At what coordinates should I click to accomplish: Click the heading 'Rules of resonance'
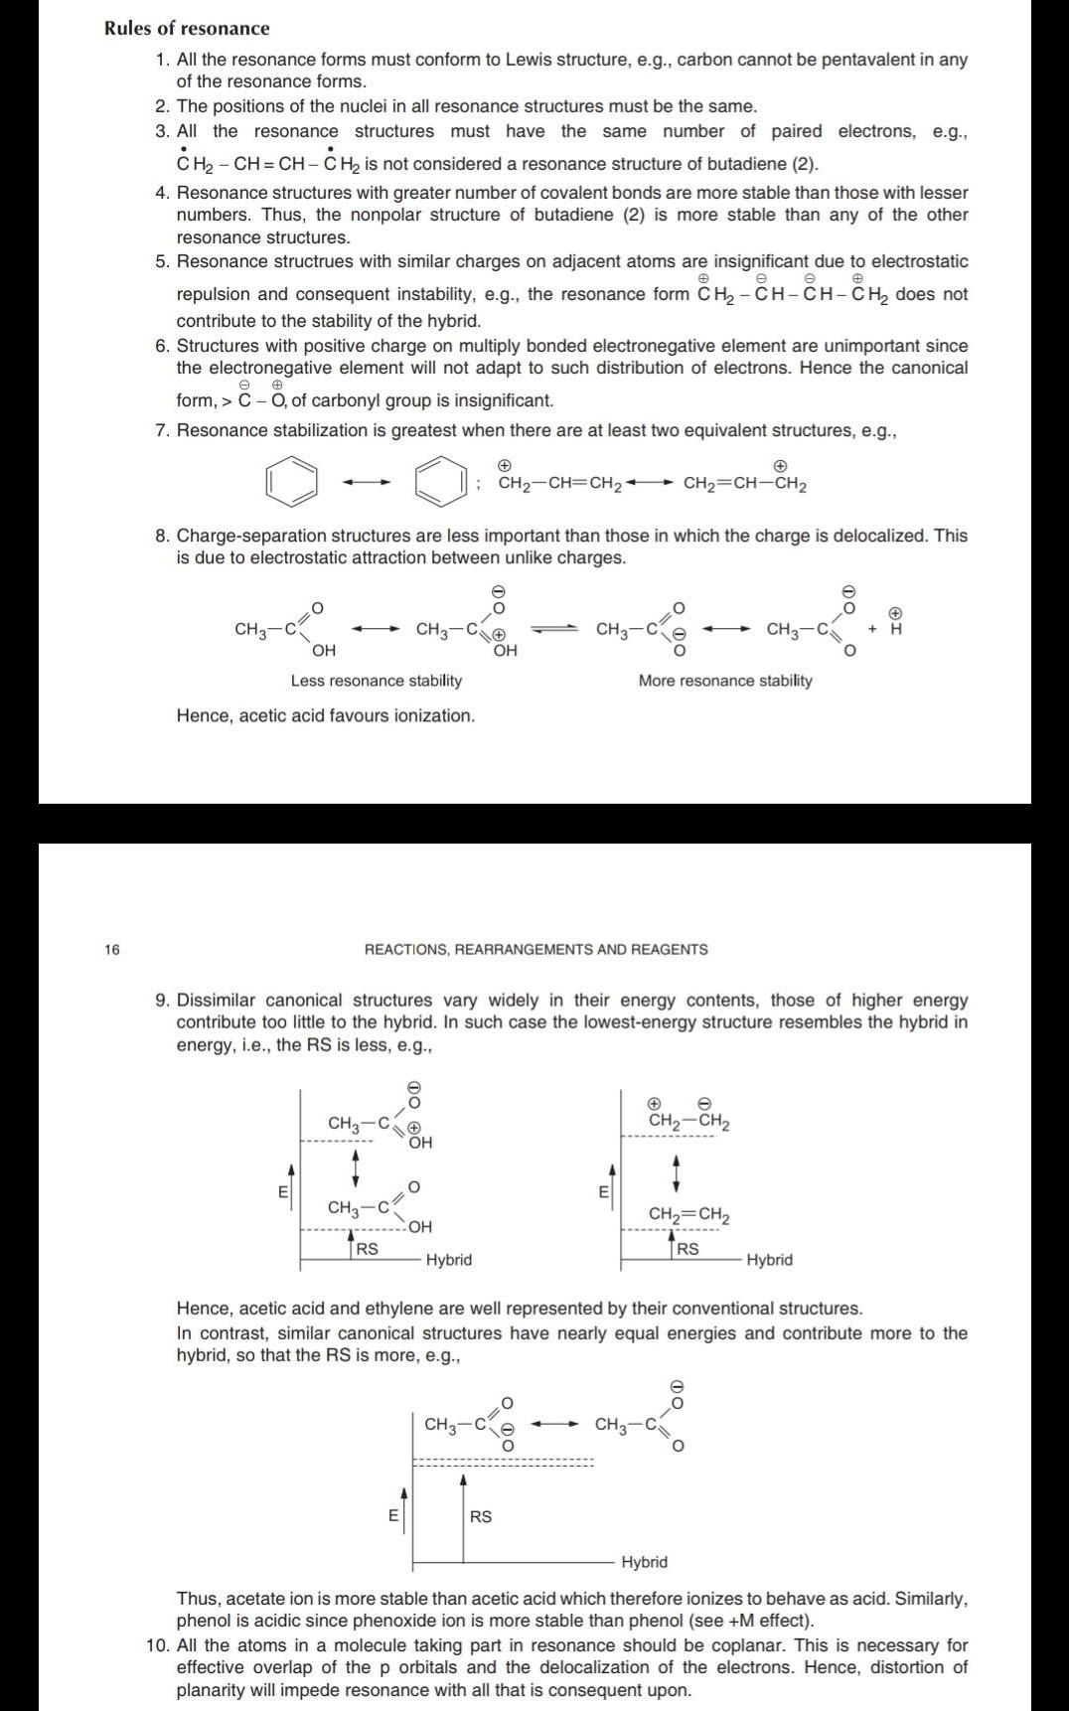click(x=187, y=28)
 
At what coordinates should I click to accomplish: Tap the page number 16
click(x=111, y=950)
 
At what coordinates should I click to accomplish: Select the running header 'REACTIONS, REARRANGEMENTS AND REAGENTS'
click(x=535, y=950)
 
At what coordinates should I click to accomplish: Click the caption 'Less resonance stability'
click(x=376, y=681)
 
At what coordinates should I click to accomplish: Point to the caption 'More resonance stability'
click(x=724, y=681)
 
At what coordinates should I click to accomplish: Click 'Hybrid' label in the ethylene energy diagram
click(x=769, y=1260)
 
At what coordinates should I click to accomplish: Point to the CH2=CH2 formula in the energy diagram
click(x=688, y=1214)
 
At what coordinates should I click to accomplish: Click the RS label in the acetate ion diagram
click(x=481, y=1516)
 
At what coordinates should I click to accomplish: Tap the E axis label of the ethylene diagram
click(x=602, y=1192)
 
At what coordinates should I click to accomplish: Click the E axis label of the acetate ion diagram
click(x=392, y=1516)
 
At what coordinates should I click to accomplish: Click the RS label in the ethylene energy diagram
click(x=687, y=1249)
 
